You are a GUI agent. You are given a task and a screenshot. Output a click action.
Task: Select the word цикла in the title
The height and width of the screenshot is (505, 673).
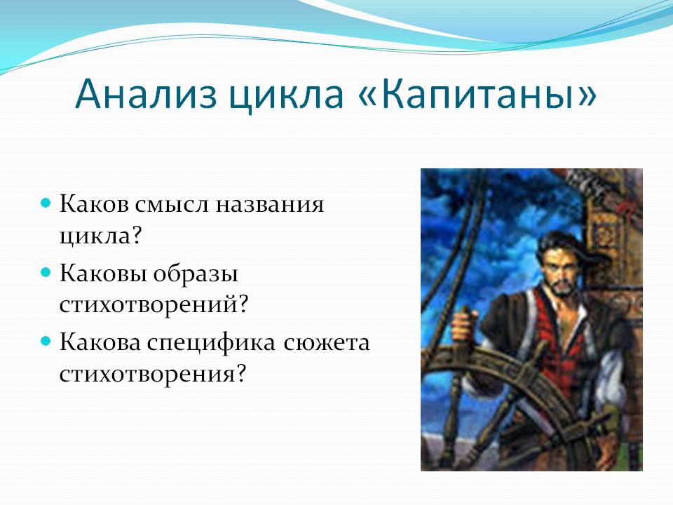point(287,96)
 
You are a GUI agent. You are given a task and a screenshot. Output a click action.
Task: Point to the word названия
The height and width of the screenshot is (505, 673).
point(269,204)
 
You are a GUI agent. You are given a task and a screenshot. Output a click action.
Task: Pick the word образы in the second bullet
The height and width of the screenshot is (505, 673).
point(196,273)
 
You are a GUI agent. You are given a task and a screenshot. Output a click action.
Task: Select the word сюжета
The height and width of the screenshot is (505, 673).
point(326,343)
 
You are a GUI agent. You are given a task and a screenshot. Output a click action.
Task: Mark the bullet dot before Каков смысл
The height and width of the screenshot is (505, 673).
point(46,203)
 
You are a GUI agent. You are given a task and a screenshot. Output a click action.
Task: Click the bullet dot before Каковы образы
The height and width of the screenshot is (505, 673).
point(46,272)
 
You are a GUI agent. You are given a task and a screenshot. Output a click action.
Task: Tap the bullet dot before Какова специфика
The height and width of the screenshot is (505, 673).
point(46,342)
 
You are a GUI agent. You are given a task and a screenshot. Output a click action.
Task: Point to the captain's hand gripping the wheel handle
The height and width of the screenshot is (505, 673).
point(464,325)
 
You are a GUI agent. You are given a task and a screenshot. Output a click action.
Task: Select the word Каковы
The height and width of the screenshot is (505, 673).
point(104,273)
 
